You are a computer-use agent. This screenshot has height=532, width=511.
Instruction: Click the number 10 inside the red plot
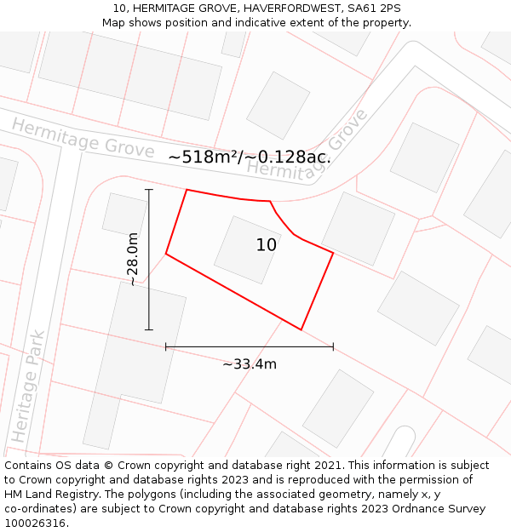pos(267,245)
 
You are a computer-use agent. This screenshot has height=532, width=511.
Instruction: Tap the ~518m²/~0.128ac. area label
pos(250,157)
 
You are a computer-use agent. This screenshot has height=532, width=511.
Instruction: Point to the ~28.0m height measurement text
pos(133,259)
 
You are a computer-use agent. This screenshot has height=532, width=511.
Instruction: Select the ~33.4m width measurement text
pos(250,364)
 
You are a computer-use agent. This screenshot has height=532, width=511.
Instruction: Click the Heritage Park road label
pos(27,386)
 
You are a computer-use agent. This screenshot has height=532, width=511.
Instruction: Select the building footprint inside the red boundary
pos(247,249)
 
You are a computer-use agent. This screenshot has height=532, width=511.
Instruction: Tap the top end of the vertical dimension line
pos(149,189)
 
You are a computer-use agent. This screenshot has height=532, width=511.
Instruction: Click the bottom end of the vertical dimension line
pos(149,329)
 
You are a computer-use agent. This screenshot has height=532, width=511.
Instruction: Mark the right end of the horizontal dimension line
pos(333,346)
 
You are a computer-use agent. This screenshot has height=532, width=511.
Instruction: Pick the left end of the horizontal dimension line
pos(166,346)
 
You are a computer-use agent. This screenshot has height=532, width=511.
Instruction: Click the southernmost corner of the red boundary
pos(301,329)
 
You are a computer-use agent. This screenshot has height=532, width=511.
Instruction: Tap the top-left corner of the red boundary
pos(187,190)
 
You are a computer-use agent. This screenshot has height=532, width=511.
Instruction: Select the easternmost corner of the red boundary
pos(333,253)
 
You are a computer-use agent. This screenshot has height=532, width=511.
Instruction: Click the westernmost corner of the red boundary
pos(166,254)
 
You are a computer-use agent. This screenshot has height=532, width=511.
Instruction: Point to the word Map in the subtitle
pos(114,23)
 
